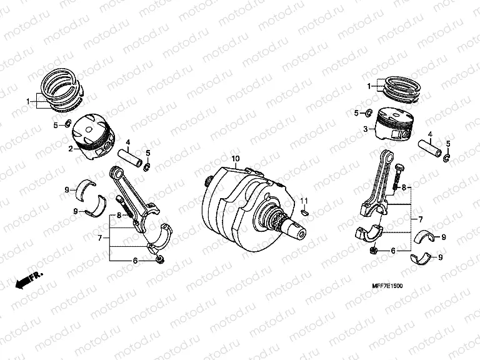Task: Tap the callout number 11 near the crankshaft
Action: (304, 201)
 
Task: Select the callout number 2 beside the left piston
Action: (71, 149)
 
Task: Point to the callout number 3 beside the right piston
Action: (365, 129)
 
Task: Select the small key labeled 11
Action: (304, 212)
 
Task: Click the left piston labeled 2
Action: (94, 136)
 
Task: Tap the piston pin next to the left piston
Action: (130, 156)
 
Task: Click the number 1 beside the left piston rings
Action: (27, 101)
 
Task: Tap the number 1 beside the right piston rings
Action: (369, 86)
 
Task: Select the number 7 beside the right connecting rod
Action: (421, 219)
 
